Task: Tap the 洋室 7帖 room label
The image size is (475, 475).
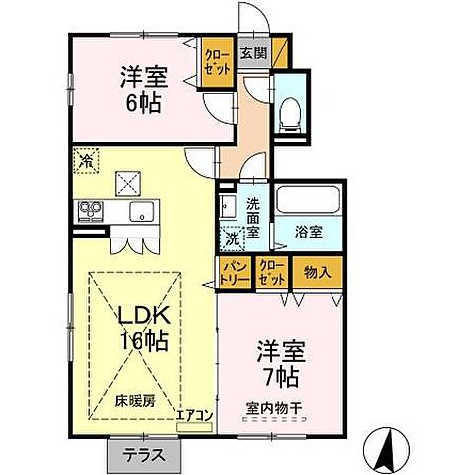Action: (280, 363)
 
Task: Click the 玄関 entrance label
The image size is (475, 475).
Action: (253, 54)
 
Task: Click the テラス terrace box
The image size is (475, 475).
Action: (144, 457)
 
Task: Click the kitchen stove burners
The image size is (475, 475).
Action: (90, 211)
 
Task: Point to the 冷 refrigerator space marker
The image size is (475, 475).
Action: (86, 159)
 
